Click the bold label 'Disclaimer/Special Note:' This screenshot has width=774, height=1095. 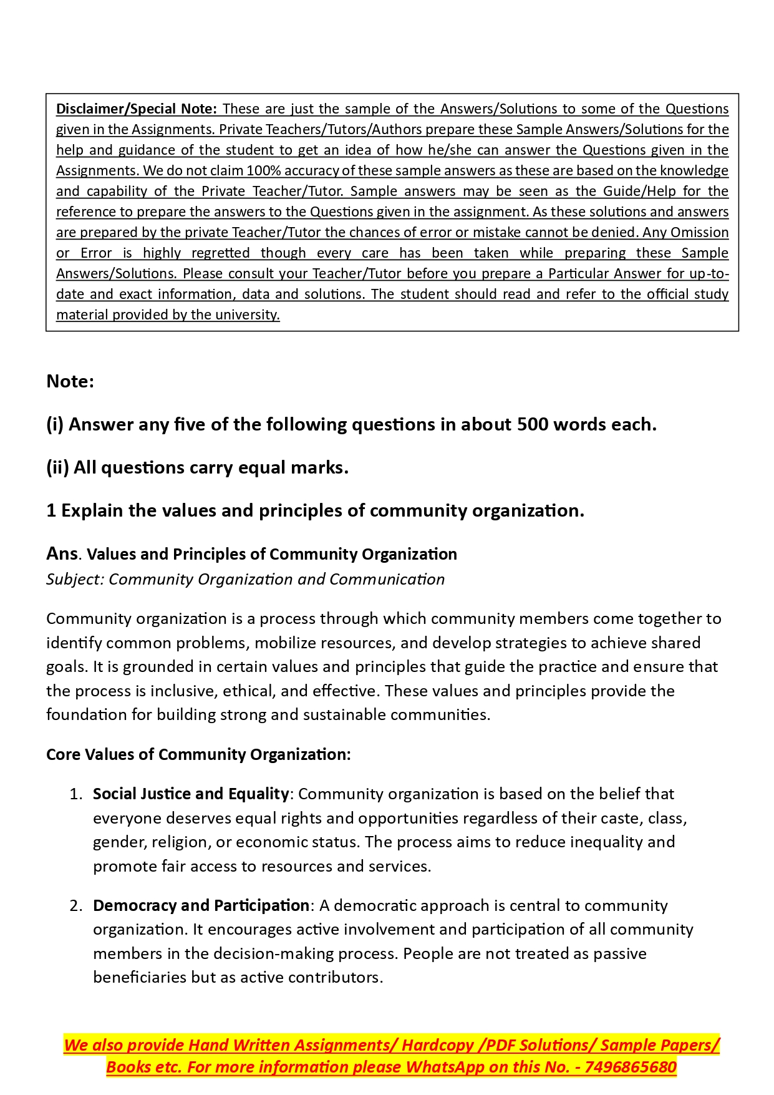pyautogui.click(x=136, y=109)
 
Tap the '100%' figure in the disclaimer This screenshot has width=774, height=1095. pyautogui.click(x=264, y=170)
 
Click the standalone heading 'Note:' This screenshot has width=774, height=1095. pyautogui.click(x=70, y=381)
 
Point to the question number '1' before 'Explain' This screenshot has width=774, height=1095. pyautogui.click(x=51, y=510)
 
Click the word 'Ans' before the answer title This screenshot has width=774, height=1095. pyautogui.click(x=62, y=553)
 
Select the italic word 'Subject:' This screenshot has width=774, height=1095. pyautogui.click(x=75, y=579)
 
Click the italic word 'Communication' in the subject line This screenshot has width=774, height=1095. pyautogui.click(x=387, y=579)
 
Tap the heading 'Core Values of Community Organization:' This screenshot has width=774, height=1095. pyautogui.click(x=198, y=754)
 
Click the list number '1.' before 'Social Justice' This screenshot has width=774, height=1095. pyautogui.click(x=76, y=794)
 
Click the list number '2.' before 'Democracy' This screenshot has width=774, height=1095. pyautogui.click(x=76, y=905)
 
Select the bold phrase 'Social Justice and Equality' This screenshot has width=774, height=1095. pyautogui.click(x=191, y=794)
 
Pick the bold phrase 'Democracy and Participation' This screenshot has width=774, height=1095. pyautogui.click(x=201, y=905)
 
